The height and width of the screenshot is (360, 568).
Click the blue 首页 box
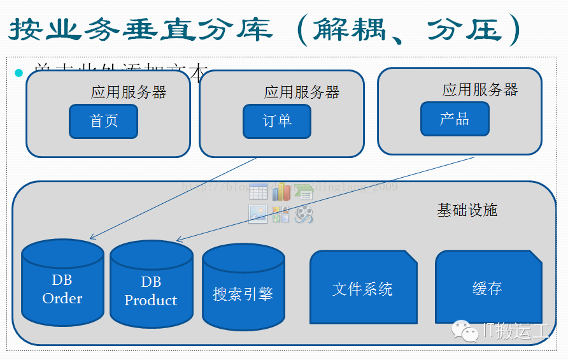103,121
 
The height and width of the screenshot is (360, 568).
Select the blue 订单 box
277,121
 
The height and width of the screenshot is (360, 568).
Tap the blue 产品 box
455,119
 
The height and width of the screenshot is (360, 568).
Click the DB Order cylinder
62,285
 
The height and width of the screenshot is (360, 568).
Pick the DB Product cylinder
151,287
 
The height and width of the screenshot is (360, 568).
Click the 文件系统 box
362,288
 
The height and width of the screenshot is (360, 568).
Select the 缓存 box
488,288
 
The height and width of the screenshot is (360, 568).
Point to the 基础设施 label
467,210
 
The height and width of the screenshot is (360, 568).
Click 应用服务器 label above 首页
129,92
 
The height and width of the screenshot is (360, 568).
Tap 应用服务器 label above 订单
302,92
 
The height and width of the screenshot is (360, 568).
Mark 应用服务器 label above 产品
480,90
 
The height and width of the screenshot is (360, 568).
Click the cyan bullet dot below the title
18,73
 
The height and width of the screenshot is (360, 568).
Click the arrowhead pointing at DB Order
92,237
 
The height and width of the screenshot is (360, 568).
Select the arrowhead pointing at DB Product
180,240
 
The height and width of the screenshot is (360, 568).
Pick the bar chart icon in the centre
281,191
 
